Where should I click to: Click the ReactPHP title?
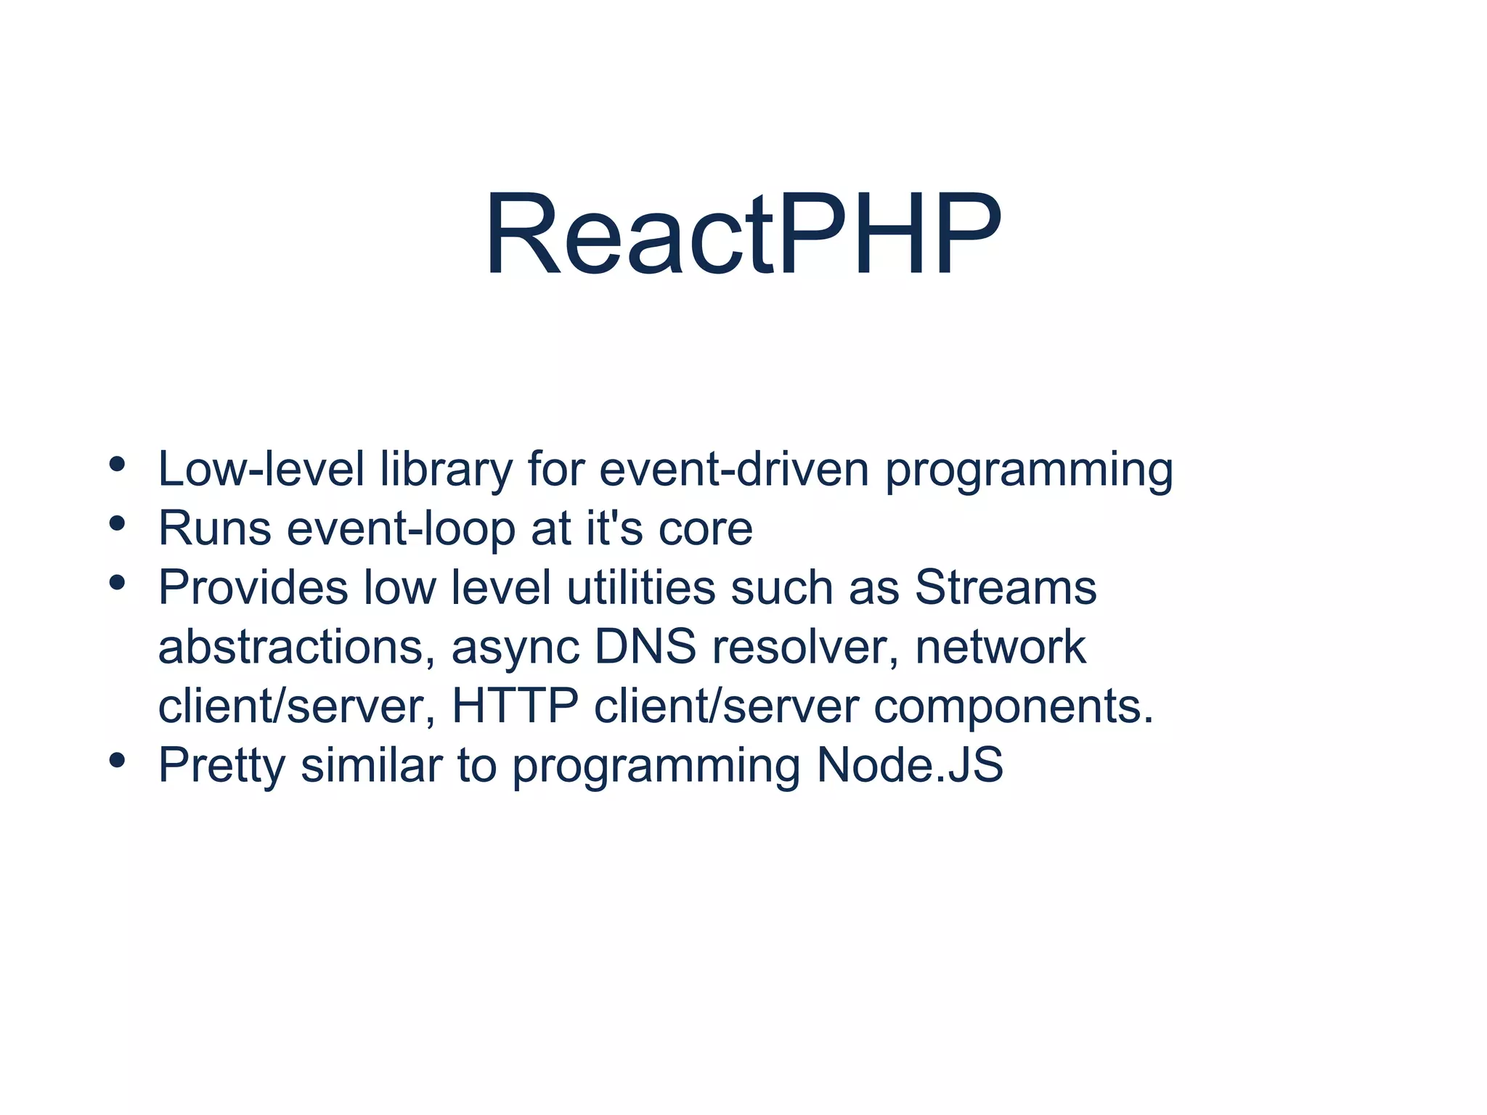743,234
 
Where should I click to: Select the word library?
447,470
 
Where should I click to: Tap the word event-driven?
734,469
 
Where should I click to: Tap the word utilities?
641,587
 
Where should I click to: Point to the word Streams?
1006,587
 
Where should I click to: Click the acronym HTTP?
515,706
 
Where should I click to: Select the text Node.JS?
910,765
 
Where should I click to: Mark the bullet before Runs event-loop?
118,523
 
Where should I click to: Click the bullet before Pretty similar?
118,760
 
